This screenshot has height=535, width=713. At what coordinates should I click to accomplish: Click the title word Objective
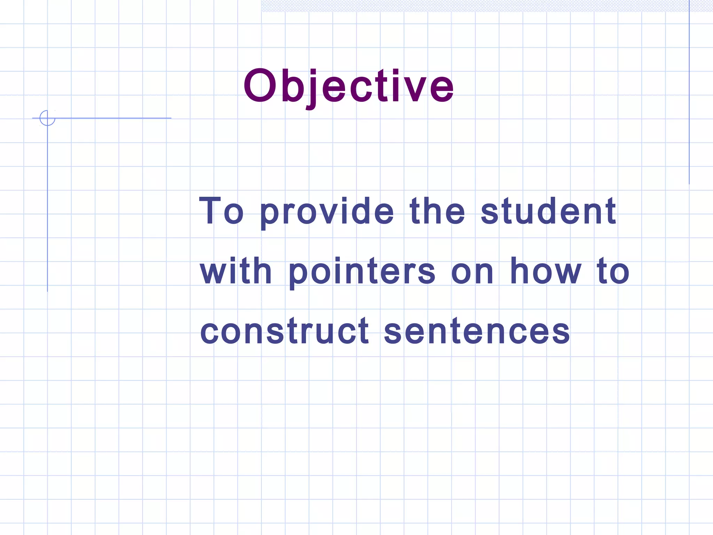point(348,86)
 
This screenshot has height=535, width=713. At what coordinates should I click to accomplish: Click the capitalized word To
point(221,211)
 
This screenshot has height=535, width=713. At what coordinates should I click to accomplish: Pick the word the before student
point(437,211)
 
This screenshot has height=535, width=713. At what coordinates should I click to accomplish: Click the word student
point(548,211)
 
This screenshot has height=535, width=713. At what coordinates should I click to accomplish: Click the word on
point(472,273)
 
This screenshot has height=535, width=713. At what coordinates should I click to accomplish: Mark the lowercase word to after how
point(613,271)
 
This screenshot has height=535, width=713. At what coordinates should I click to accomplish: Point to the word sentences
point(477,332)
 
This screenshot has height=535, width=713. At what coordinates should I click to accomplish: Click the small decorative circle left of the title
point(47,118)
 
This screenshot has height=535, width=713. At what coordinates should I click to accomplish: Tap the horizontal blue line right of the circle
point(115,118)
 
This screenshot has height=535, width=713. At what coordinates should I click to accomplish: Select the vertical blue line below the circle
point(47,209)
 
